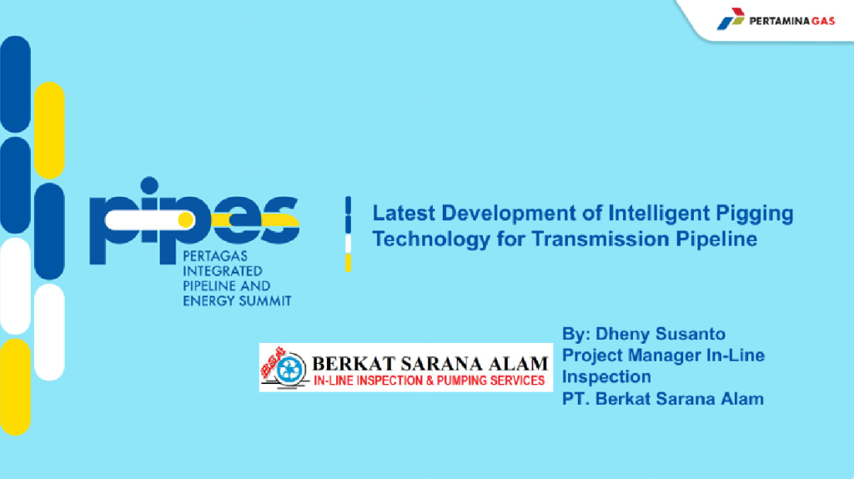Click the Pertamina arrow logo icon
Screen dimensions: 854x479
coord(731,19)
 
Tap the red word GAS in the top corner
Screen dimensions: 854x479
coord(823,21)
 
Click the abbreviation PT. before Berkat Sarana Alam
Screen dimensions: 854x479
coord(575,398)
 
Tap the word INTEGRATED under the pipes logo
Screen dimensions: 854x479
coord(222,271)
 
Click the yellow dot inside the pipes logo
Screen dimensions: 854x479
coord(186,219)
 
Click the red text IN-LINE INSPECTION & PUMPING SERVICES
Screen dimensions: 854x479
coord(429,381)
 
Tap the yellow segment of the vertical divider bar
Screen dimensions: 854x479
coord(348,263)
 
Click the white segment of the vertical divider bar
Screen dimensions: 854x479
coord(348,244)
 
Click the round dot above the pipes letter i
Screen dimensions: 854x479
coord(149,185)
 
